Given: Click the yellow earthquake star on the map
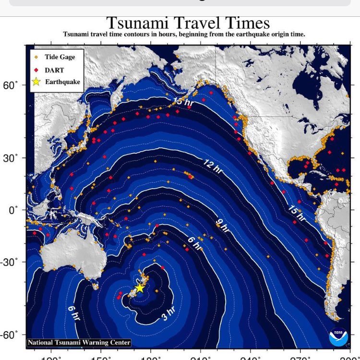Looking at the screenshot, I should (139, 288).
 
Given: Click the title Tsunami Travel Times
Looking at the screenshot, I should (187, 23).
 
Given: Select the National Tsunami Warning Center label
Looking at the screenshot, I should (79, 343).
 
